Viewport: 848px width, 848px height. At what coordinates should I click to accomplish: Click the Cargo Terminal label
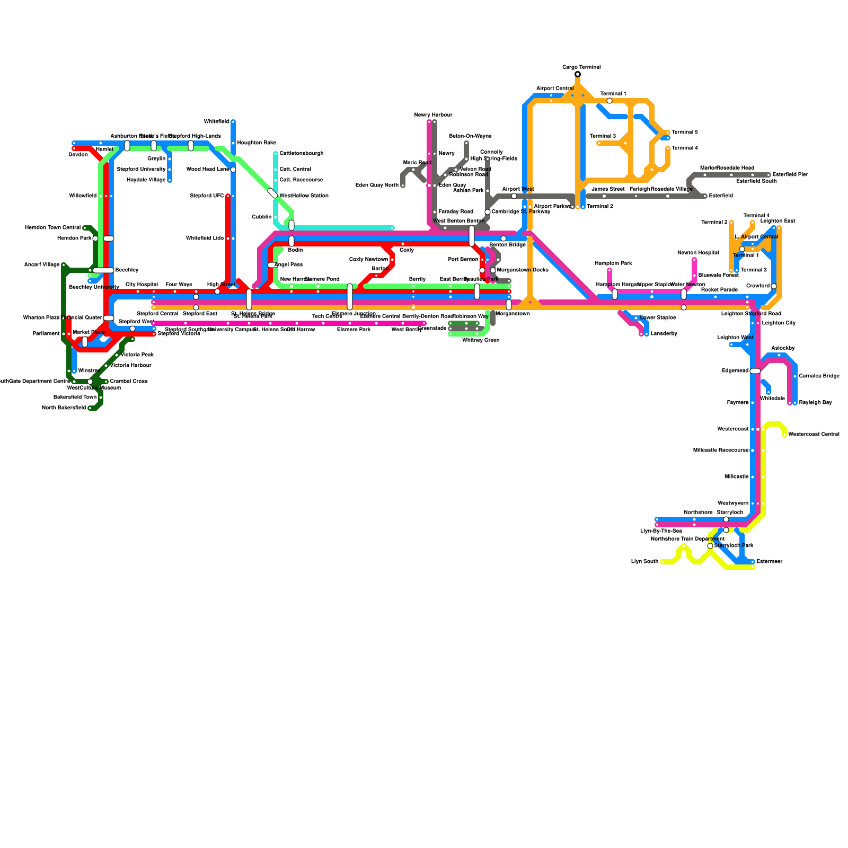click(581, 67)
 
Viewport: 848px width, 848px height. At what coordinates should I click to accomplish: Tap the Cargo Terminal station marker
click(578, 74)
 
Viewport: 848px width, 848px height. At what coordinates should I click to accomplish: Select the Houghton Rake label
click(256, 143)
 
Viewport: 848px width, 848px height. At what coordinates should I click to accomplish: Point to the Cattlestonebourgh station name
click(301, 154)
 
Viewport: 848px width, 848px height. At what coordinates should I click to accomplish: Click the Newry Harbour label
click(433, 115)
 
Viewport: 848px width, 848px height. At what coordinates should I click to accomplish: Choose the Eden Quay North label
click(377, 185)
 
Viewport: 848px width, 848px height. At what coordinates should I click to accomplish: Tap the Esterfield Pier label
click(790, 175)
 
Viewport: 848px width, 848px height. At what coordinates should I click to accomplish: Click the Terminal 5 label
click(684, 132)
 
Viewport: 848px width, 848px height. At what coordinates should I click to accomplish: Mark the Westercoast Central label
click(814, 435)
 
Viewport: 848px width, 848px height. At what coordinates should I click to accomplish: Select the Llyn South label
click(644, 562)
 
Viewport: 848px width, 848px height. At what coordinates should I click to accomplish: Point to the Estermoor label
click(769, 562)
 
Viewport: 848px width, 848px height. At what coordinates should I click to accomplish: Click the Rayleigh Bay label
click(815, 403)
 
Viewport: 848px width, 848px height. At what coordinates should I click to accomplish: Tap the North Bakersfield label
click(64, 408)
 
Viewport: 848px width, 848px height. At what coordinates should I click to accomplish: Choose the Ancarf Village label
click(42, 265)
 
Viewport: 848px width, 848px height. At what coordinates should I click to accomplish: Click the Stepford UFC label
click(207, 196)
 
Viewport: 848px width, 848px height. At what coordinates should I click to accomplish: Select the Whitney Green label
click(480, 340)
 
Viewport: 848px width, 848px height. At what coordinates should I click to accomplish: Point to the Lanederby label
click(664, 334)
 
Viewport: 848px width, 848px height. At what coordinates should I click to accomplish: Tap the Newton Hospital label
click(697, 253)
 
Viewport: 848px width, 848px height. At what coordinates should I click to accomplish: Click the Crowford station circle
click(774, 286)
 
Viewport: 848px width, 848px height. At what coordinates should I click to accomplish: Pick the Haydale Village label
click(146, 180)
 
